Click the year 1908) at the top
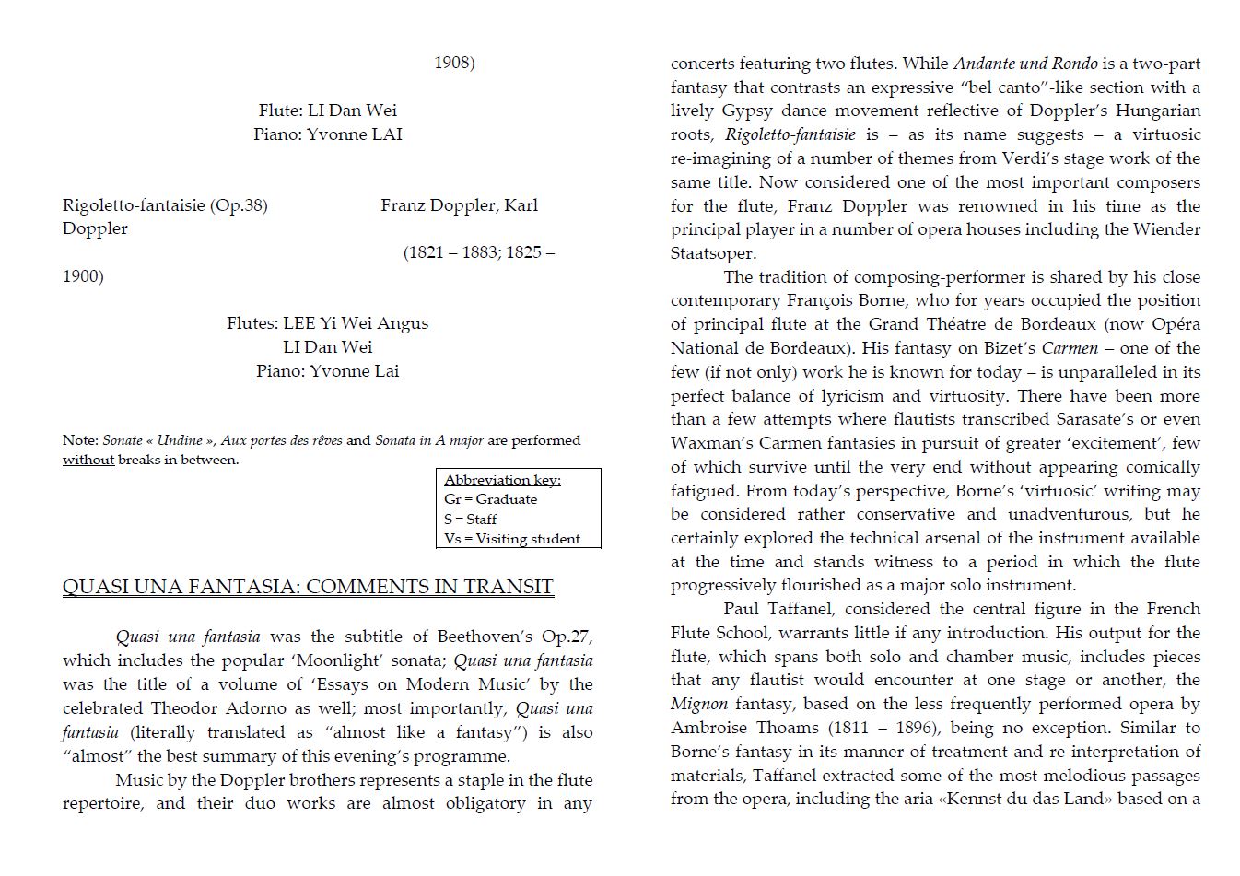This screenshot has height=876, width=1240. [454, 63]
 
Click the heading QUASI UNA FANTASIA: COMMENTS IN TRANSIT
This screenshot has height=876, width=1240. [308, 587]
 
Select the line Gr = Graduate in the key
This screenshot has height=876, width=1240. [490, 499]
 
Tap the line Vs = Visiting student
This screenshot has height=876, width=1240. [512, 539]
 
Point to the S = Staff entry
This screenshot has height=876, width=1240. [470, 520]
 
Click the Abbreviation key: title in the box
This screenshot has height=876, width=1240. [502, 480]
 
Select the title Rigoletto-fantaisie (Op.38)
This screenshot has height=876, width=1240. [165, 205]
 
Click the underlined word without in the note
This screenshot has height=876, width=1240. [88, 460]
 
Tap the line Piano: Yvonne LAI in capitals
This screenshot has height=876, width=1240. [328, 134]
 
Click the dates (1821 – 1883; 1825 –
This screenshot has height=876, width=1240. [479, 252]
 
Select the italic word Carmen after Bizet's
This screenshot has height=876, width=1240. [1070, 348]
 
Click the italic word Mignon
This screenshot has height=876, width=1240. [698, 704]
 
